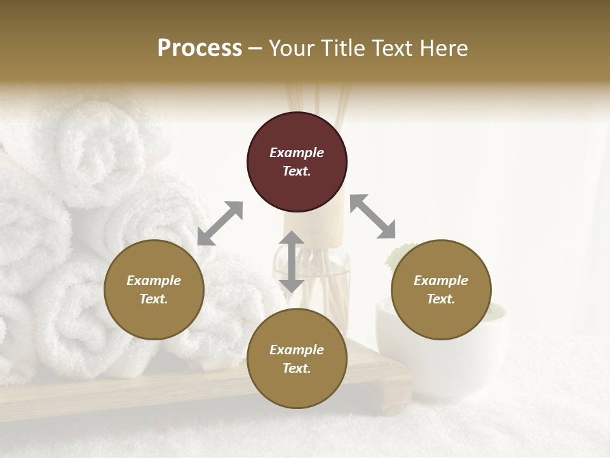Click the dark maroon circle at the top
pyautogui.click(x=297, y=162)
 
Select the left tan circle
pyautogui.click(x=154, y=289)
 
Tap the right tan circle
pyautogui.click(x=441, y=289)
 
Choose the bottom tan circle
pyautogui.click(x=297, y=359)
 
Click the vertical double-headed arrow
pyautogui.click(x=292, y=261)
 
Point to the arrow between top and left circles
pyautogui.click(x=220, y=223)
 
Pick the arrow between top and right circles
pyautogui.click(x=373, y=216)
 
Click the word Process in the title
pyautogui.click(x=200, y=48)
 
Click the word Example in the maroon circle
pyautogui.click(x=297, y=153)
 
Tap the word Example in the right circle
pyautogui.click(x=441, y=281)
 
